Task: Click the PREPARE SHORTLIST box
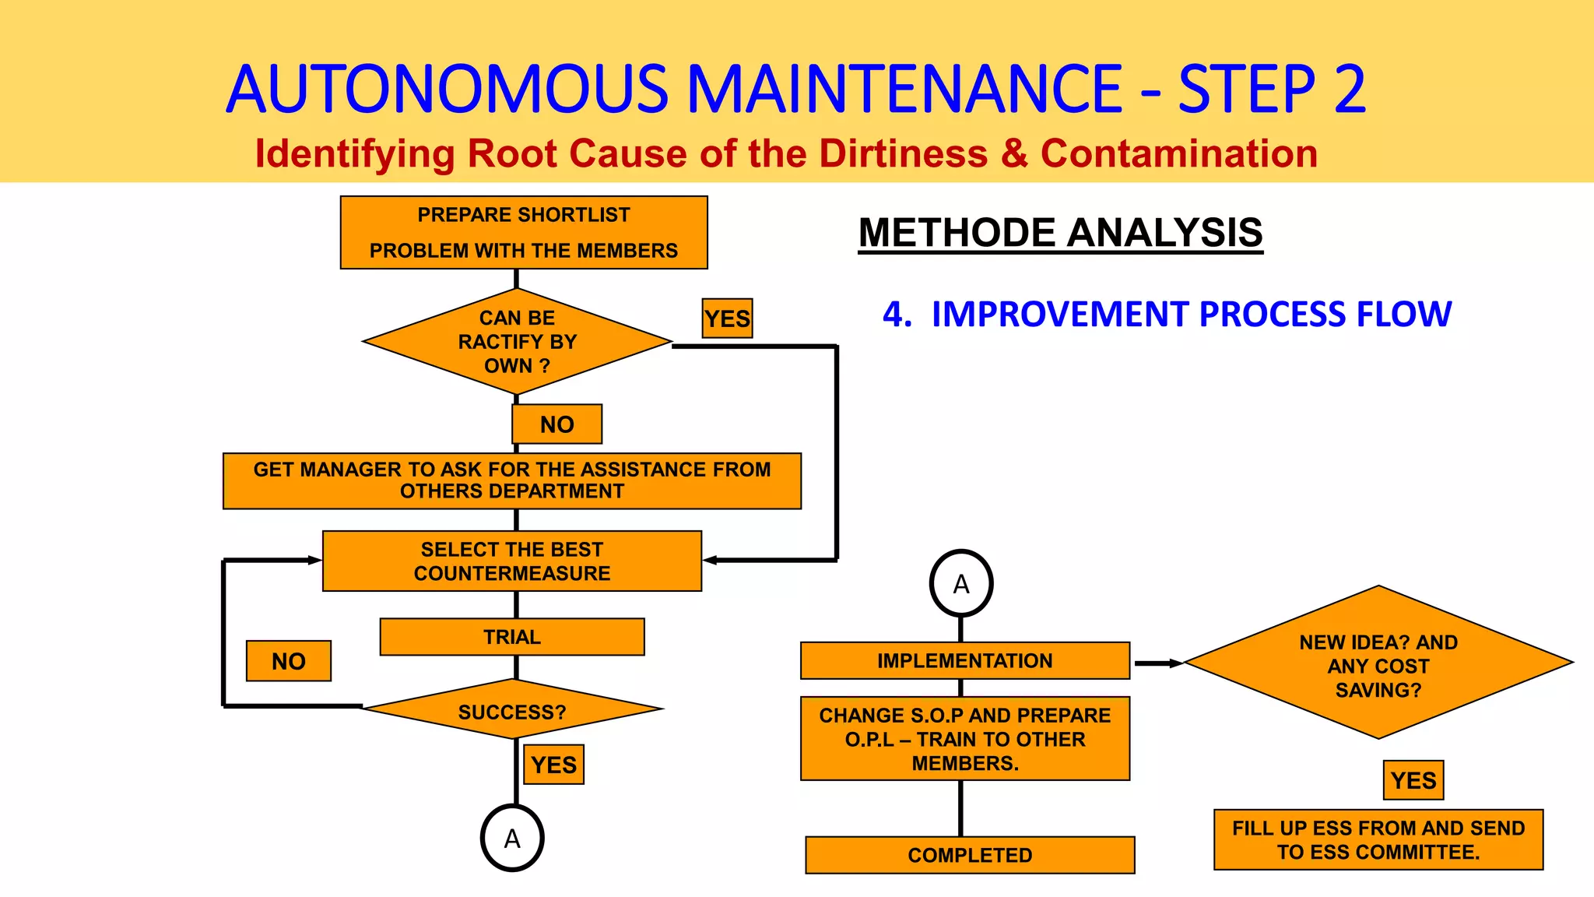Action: click(524, 232)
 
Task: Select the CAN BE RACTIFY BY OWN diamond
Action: click(517, 342)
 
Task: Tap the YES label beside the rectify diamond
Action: click(727, 318)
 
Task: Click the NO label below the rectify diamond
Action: click(556, 424)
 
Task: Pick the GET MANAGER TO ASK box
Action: click(511, 480)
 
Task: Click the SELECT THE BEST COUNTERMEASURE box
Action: click(511, 561)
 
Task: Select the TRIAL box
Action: click(511, 637)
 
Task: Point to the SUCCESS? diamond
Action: click(511, 710)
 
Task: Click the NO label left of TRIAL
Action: click(288, 661)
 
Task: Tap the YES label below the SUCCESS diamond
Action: click(553, 765)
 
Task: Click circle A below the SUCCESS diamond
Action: click(511, 839)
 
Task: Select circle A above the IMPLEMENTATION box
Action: click(960, 584)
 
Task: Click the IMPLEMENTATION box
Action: click(964, 660)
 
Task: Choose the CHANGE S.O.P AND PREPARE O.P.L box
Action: click(964, 738)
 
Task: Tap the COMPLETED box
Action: click(969, 855)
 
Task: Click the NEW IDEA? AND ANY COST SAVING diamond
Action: click(1378, 663)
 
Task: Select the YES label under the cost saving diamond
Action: click(1413, 780)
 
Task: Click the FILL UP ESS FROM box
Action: click(1378, 839)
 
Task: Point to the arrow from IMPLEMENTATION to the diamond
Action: click(1157, 663)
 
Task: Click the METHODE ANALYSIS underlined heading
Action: click(1060, 233)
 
